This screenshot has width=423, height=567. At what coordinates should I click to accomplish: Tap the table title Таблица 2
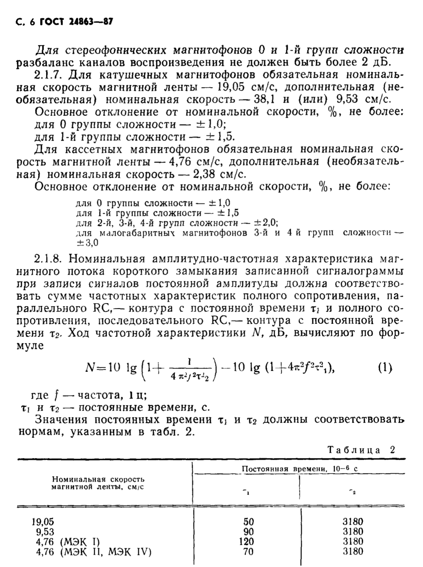(361, 449)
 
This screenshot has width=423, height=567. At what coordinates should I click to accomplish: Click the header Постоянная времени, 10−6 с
(299, 468)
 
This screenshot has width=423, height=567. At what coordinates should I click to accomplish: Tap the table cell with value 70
(249, 552)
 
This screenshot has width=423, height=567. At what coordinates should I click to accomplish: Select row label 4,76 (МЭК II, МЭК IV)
(94, 552)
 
